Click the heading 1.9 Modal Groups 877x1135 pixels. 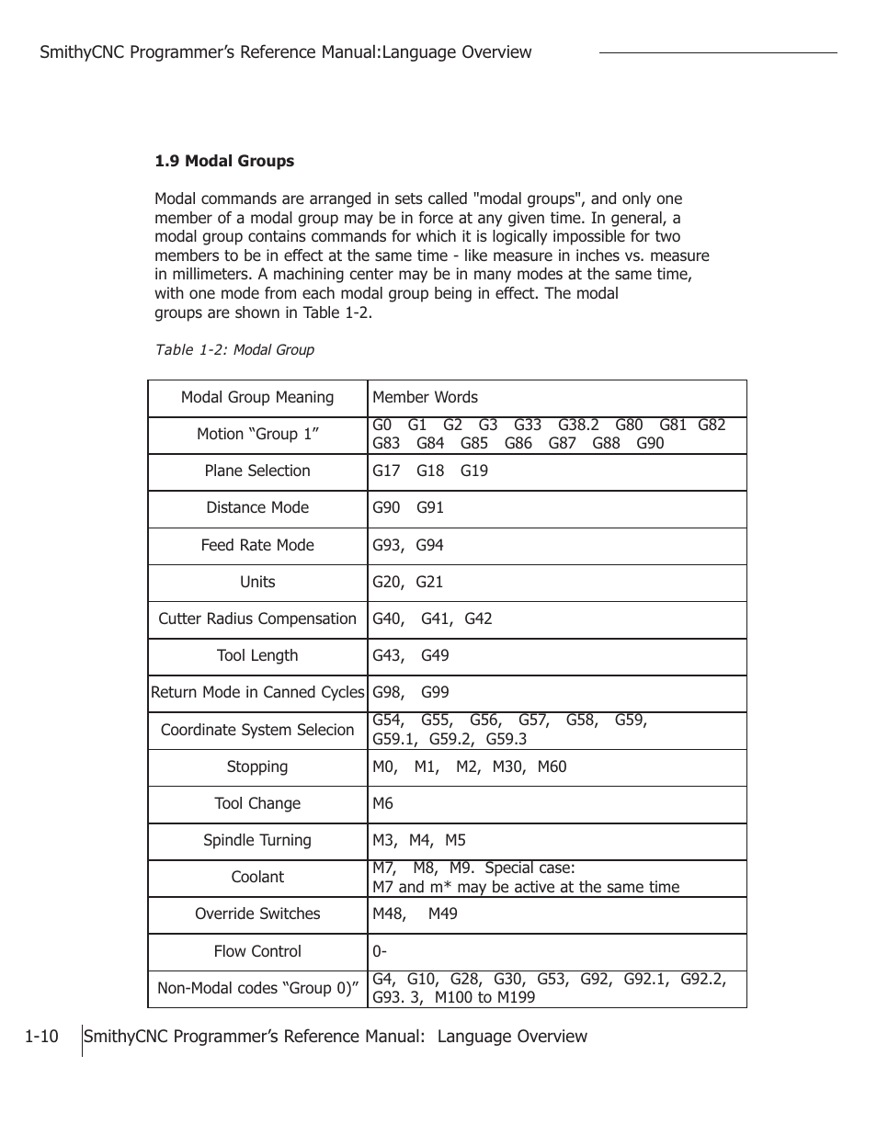224,161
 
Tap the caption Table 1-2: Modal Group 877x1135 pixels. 234,350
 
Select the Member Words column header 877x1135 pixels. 425,398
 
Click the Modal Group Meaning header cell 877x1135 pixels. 257,398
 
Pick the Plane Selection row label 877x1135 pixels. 257,471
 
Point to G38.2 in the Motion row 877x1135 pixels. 578,425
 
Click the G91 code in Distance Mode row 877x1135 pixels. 430,508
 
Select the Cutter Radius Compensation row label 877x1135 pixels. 257,619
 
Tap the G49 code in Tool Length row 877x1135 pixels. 435,656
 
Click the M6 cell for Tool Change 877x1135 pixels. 382,804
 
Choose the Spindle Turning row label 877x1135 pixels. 257,841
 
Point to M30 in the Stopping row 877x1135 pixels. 507,767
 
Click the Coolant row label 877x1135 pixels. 257,878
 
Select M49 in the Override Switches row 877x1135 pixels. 442,914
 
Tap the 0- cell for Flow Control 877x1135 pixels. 380,952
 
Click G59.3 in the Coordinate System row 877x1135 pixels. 507,740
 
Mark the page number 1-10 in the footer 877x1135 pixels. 41,1037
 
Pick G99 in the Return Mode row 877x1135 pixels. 435,693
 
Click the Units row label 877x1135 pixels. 257,583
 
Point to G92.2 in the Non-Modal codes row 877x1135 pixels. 702,980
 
